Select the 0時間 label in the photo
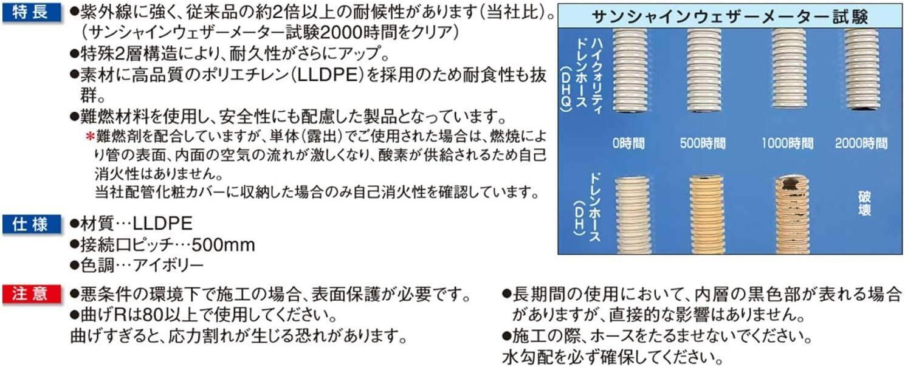628,144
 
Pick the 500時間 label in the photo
703,144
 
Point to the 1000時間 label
787,144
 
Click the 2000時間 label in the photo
861,144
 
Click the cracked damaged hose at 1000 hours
792,213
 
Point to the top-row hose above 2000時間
861,70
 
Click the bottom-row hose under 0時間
632,214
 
